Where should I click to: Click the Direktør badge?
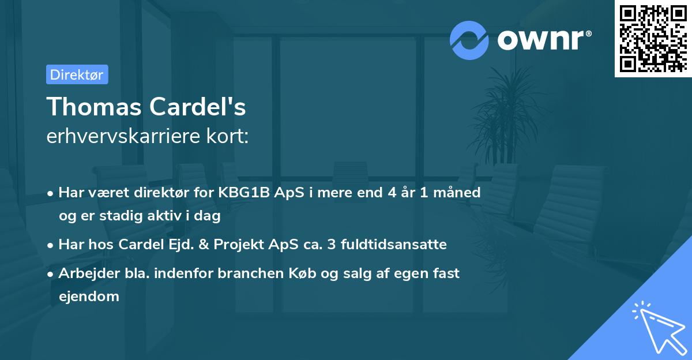coord(77,74)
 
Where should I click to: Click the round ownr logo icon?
coord(469,40)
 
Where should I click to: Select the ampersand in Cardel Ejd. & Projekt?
coord(204,244)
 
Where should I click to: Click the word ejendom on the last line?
coord(89,297)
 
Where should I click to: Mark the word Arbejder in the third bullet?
coord(84,273)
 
